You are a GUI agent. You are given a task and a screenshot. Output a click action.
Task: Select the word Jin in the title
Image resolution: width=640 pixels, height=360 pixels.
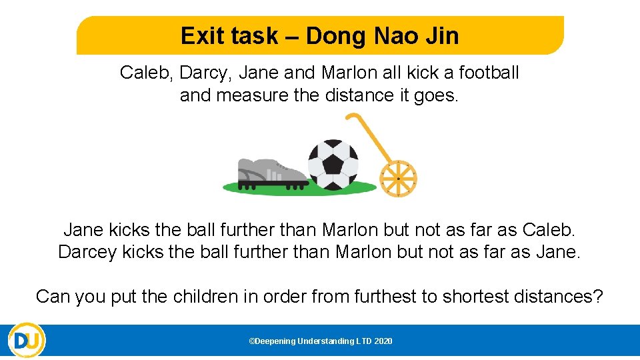pos(443,36)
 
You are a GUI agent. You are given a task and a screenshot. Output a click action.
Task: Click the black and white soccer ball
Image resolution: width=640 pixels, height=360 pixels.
pos(333,163)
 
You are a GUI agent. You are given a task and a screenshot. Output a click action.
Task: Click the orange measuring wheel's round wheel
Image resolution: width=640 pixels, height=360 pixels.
pos(398,179)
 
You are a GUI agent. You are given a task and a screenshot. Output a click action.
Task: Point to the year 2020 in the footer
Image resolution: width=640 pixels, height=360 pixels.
pos(383,341)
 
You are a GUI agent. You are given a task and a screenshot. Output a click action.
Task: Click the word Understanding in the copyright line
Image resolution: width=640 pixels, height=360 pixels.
pos(327,341)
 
